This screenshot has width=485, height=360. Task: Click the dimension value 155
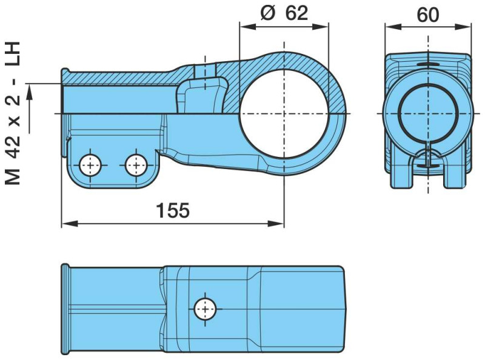click(x=173, y=210)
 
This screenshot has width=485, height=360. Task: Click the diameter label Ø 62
click(x=284, y=13)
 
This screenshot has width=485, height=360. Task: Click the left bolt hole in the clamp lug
click(x=90, y=164)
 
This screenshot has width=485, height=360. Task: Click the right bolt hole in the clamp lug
click(x=135, y=164)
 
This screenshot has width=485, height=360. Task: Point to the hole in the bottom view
click(x=205, y=309)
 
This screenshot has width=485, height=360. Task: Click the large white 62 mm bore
click(x=284, y=113)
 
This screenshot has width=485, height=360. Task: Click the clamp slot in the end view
click(x=429, y=159)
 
